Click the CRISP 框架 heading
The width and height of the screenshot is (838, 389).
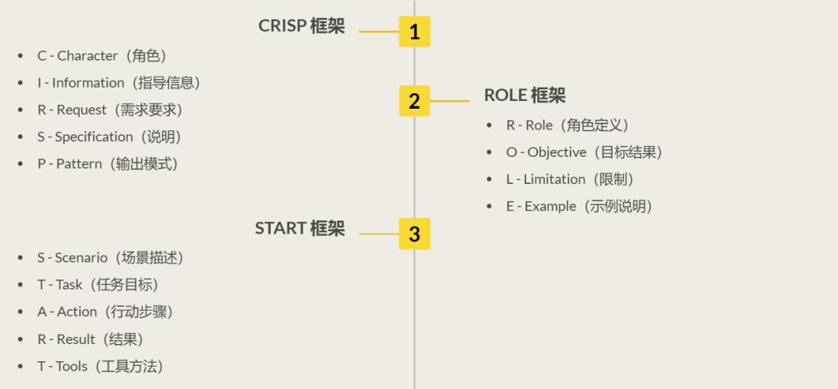tap(301, 26)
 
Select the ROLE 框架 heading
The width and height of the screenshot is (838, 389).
tap(525, 96)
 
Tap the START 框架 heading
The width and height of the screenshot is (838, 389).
tap(300, 228)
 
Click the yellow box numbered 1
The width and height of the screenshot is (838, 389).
tap(414, 32)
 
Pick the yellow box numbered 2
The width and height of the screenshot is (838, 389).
tap(414, 101)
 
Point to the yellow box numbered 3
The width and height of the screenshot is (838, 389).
tap(414, 234)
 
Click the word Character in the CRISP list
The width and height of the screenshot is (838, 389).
tap(88, 56)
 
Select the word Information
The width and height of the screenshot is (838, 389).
tap(88, 83)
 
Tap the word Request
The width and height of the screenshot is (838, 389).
tap(81, 110)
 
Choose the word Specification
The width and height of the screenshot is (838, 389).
tap(94, 137)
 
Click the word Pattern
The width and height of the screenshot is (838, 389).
tap(79, 165)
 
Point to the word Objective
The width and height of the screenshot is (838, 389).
tap(556, 153)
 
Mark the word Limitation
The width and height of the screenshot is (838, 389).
tap(554, 179)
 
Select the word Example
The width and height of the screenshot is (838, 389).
tap(550, 207)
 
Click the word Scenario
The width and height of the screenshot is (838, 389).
tap(81, 258)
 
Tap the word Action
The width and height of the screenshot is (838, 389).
tap(77, 312)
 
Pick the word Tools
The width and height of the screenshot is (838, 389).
tap(71, 366)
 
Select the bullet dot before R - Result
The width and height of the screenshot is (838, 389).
tap(20, 340)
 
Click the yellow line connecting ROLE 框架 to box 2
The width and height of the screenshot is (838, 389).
tap(450, 101)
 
